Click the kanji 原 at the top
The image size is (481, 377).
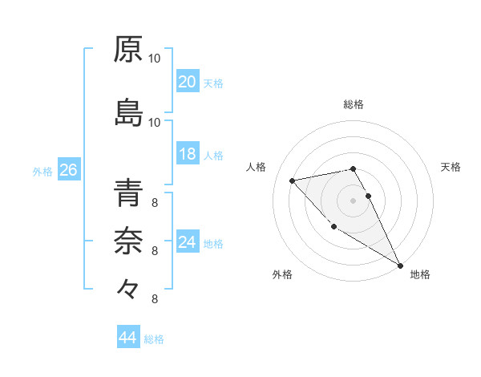click(x=128, y=50)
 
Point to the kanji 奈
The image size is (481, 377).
click(x=128, y=238)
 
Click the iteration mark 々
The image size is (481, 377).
click(x=128, y=286)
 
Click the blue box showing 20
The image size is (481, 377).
click(x=188, y=82)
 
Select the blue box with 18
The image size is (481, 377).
click(x=188, y=155)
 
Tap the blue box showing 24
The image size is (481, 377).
click(x=188, y=242)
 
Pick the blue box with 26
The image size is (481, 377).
click(x=68, y=170)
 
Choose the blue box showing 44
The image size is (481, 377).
click(x=128, y=338)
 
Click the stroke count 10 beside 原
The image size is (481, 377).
click(x=155, y=59)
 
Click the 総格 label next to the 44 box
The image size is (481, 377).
click(x=154, y=339)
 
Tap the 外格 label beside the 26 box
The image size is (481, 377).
click(x=42, y=171)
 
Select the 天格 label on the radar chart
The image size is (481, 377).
click(x=451, y=167)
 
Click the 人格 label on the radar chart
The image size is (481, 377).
click(x=256, y=167)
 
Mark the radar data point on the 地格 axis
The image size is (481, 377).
click(x=400, y=266)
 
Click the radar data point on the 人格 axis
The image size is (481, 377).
click(x=293, y=180)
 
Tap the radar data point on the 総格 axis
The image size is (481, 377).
click(x=353, y=168)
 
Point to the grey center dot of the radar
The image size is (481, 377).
click(x=353, y=200)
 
